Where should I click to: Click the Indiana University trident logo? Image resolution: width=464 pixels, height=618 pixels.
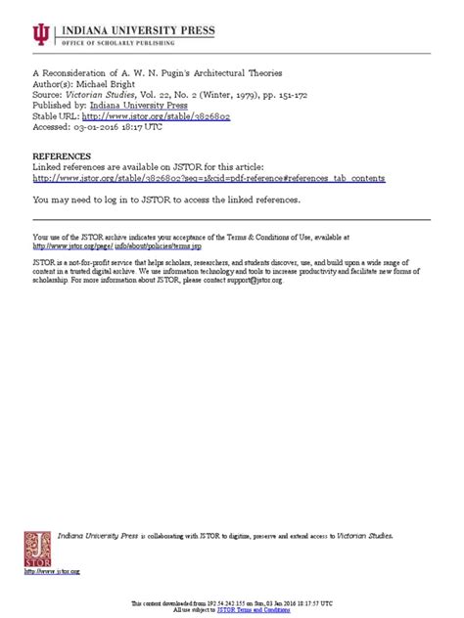(x=40, y=36)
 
